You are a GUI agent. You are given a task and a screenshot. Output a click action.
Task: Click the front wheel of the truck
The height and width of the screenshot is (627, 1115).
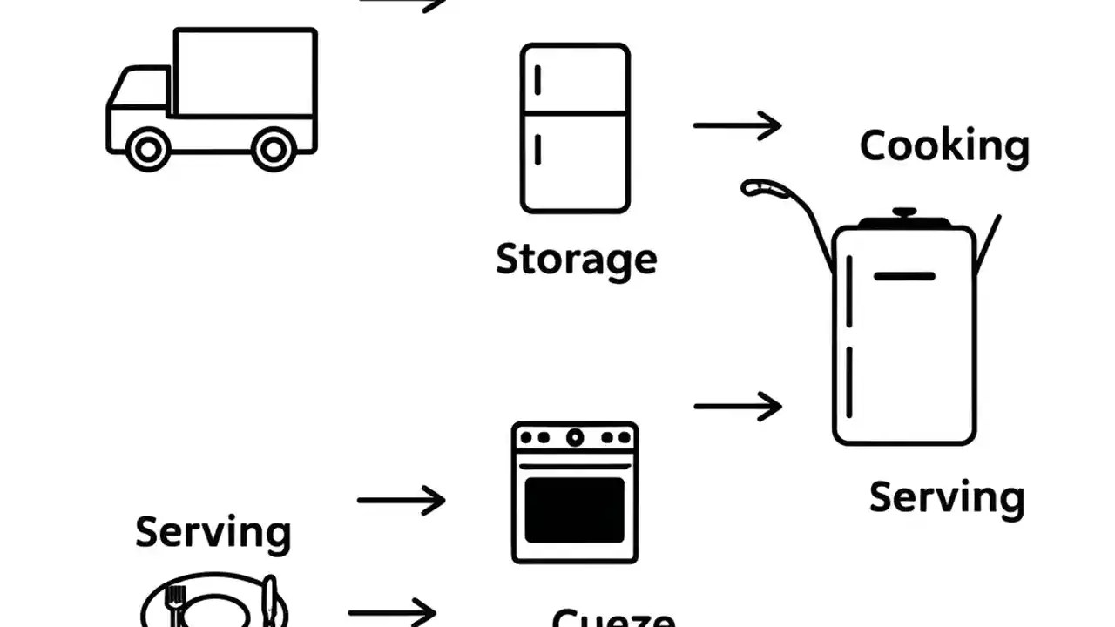[x=147, y=149]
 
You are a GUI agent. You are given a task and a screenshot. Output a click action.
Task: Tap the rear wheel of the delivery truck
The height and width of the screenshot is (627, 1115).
[x=274, y=149]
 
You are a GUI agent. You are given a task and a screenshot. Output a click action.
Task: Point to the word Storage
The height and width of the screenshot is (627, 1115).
[x=576, y=260]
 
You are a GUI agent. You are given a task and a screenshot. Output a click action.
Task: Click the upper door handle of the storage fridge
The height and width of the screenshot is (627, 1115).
[x=537, y=80]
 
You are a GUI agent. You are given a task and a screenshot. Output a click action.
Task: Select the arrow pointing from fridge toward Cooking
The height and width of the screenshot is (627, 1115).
[x=737, y=125]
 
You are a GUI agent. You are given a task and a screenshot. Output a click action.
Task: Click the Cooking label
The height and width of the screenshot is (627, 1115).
[x=944, y=145]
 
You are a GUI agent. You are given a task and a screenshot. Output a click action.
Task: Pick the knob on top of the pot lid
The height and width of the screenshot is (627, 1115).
[x=904, y=212]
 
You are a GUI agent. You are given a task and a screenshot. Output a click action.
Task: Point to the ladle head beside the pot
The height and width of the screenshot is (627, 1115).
[x=760, y=187]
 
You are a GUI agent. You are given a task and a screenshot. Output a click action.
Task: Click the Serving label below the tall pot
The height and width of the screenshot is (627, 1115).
[x=947, y=498]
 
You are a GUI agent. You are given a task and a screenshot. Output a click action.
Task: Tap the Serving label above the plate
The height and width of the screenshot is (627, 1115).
[x=213, y=532]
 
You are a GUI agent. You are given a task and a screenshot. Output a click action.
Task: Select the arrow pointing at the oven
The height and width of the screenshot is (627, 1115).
[x=401, y=500]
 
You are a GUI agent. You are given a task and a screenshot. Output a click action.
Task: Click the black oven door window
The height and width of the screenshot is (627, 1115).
[x=575, y=510]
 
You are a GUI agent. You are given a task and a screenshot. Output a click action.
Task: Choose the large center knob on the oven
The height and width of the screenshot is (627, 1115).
[x=575, y=437]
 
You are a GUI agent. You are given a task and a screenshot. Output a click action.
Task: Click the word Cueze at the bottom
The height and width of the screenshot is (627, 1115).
[x=613, y=619]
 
